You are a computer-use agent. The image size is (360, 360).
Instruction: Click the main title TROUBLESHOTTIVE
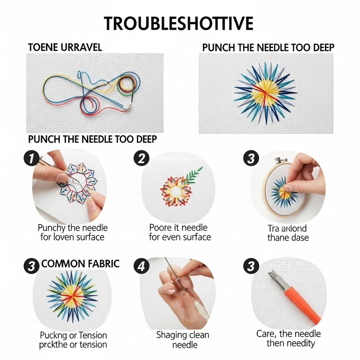[179, 23]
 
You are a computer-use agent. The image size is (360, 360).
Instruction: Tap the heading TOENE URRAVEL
[65, 47]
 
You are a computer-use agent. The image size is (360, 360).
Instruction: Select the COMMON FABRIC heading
[81, 264]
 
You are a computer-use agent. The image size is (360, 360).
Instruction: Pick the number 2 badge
[141, 158]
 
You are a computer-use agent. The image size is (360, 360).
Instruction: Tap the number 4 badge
[141, 265]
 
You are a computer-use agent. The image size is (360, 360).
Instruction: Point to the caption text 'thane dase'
[288, 238]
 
